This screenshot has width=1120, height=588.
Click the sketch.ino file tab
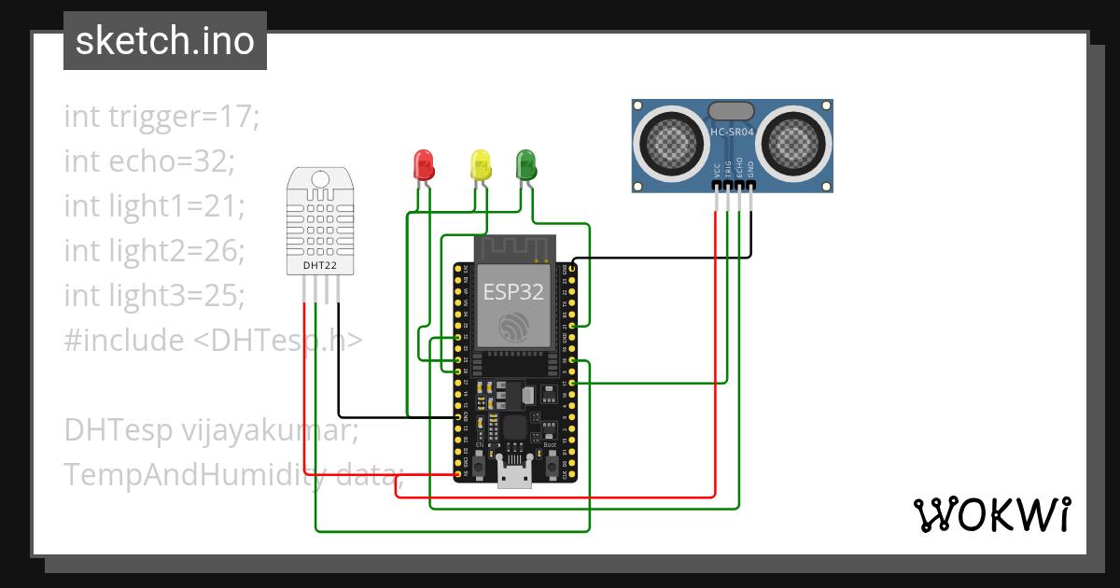164,41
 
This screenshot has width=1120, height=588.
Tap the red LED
423,164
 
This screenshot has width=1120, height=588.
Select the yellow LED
480,164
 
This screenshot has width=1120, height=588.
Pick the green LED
526,164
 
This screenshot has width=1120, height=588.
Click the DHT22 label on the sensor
319,265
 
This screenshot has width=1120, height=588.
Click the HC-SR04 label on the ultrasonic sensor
733,133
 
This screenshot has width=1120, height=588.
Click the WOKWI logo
991,514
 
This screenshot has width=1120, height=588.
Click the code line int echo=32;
149,161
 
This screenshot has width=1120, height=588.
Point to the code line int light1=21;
154,206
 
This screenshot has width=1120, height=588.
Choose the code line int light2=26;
154,251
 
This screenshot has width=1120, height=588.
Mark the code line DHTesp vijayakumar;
211,430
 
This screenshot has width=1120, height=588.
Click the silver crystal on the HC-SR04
732,111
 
